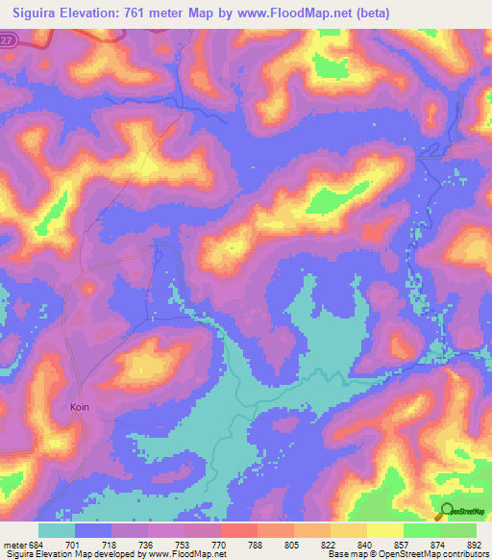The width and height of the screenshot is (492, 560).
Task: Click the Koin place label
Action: click(81, 407)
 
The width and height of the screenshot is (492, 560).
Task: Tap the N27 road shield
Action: click(9, 39)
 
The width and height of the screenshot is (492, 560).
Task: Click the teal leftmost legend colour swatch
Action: click(57, 530)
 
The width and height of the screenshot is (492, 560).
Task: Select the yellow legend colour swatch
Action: click(384, 530)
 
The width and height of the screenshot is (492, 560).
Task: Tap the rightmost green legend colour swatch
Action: click(458, 530)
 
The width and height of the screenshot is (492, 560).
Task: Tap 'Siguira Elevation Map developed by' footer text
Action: click(72, 554)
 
